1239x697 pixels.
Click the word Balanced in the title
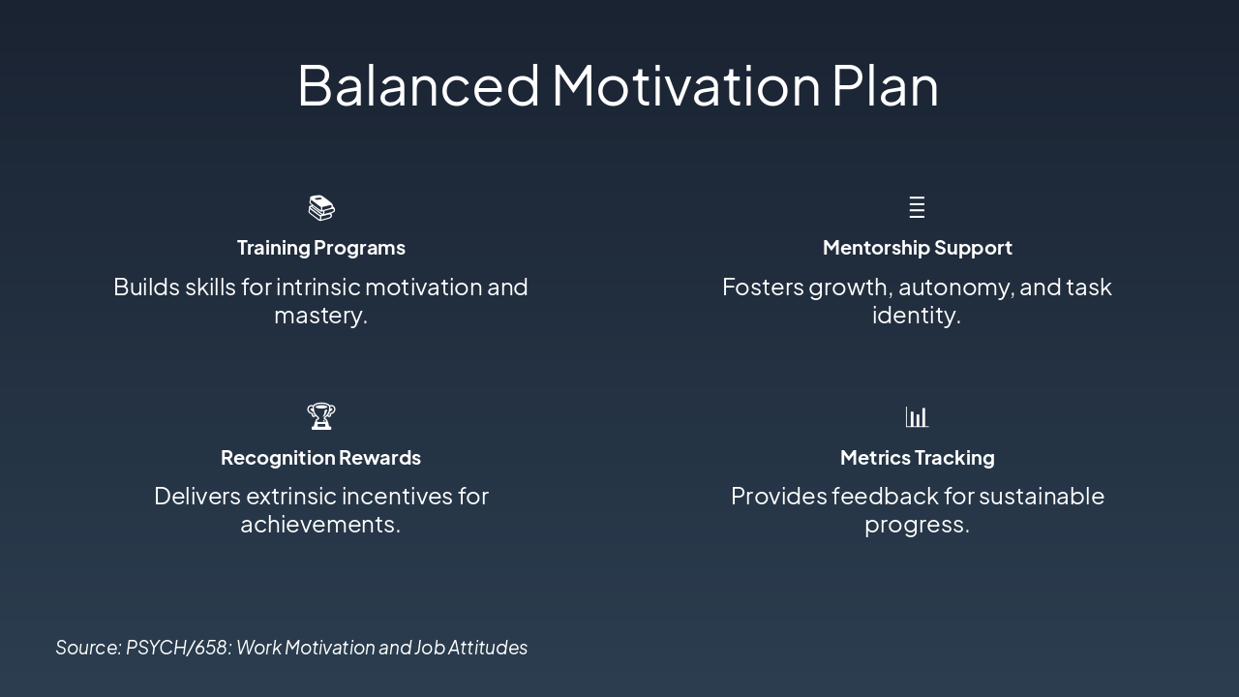pyautogui.click(x=418, y=85)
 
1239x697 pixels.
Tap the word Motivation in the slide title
pyautogui.click(x=686, y=85)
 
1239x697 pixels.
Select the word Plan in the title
pyautogui.click(x=886, y=85)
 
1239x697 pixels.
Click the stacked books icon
pyautogui.click(x=321, y=208)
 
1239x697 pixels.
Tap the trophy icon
pyautogui.click(x=320, y=416)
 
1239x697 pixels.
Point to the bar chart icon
pyautogui.click(x=917, y=417)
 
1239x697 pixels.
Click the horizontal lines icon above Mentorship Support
pyautogui.click(x=917, y=207)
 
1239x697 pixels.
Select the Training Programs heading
pyautogui.click(x=320, y=248)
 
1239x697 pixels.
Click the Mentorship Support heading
pyautogui.click(x=917, y=248)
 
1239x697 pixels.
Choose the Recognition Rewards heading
pyautogui.click(x=320, y=458)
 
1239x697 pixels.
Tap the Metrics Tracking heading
pyautogui.click(x=917, y=458)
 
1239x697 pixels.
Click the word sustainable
pyautogui.click(x=1042, y=497)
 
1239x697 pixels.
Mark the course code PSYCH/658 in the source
pyautogui.click(x=176, y=648)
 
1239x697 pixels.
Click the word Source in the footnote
pyautogui.click(x=86, y=648)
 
